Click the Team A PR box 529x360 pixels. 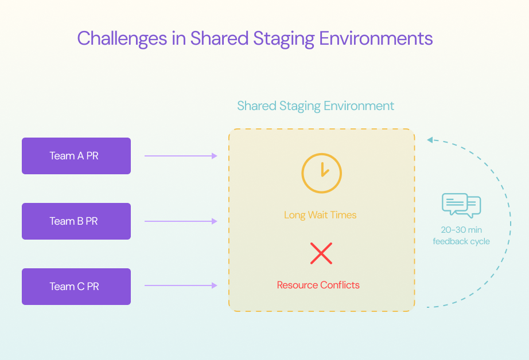76,156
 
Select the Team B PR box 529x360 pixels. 76,221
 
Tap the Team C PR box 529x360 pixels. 76,287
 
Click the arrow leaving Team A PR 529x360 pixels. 181,156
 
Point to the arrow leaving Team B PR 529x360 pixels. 181,221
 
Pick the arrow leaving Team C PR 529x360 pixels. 181,285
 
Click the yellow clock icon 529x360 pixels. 321,173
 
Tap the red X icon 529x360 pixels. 321,253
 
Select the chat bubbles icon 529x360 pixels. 461,205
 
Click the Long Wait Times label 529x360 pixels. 320,216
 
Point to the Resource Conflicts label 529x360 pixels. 318,285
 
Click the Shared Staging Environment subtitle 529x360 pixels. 316,106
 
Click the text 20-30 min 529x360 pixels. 461,229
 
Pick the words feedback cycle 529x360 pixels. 461,241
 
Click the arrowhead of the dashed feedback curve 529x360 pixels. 430,139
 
